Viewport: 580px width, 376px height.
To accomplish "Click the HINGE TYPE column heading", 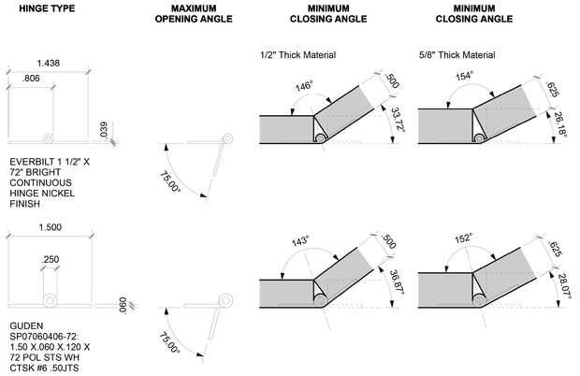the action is pos(47,8).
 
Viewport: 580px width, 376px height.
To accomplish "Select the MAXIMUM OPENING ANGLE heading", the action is pos(194,14).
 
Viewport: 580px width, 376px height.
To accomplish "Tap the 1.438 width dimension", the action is pos(49,64).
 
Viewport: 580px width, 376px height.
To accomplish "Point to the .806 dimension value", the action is pos(31,79).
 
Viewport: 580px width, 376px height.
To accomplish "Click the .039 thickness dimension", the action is pos(104,130).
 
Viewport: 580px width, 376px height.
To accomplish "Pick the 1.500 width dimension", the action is pos(51,227).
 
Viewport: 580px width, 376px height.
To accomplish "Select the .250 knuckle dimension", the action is pos(51,259).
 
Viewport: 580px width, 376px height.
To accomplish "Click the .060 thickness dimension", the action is pos(123,305).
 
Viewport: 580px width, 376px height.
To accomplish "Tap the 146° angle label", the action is pos(304,86).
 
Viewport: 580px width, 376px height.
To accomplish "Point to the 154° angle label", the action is pos(464,76).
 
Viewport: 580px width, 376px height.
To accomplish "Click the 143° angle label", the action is pos(300,241).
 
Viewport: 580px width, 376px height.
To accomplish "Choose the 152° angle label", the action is pos(463,239).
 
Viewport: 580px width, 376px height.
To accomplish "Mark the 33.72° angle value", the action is pos(398,119).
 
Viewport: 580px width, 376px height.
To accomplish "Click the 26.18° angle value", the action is pos(560,124).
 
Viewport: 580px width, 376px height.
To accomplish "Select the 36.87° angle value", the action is pos(396,282).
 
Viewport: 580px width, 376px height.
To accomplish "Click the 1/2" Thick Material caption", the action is pos(298,55).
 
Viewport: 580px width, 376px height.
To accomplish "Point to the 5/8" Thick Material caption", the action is pos(457,55).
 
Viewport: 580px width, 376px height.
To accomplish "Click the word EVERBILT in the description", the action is pos(29,162).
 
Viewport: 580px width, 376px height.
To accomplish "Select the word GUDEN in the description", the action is pos(26,326).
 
